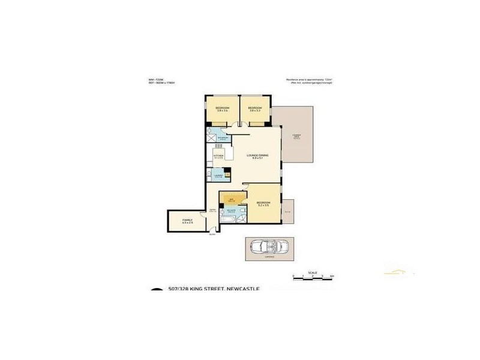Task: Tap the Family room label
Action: [187, 223]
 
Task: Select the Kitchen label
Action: [218, 156]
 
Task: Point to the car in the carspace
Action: [269, 247]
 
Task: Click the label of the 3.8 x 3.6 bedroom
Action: [223, 109]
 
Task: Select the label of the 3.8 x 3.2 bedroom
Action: [255, 109]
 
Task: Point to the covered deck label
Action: [296, 136]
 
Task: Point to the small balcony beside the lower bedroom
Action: [287, 211]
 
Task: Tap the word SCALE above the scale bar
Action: [312, 271]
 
